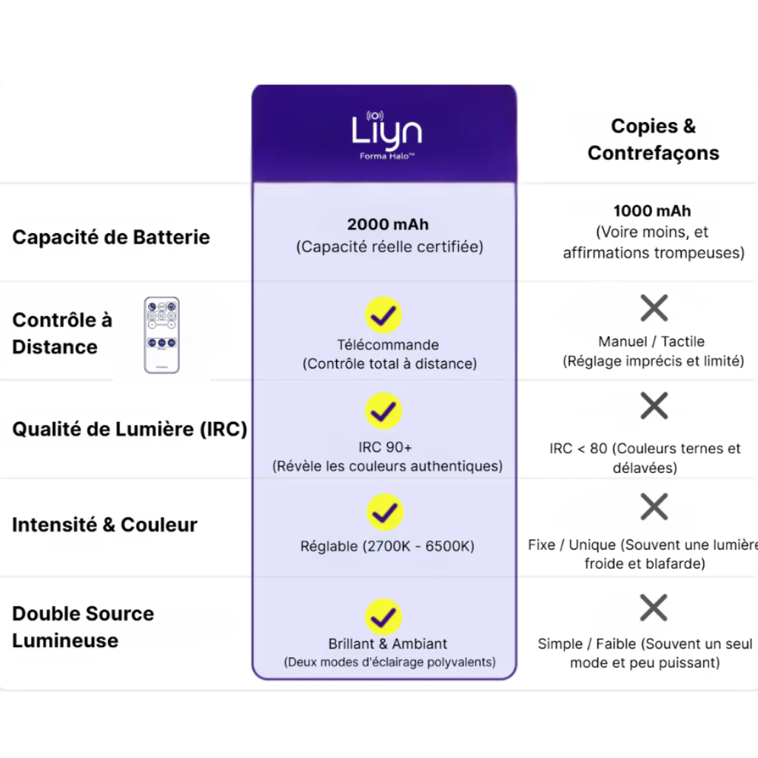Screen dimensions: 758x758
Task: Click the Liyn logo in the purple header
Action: point(386,130)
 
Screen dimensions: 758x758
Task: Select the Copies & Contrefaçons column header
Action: point(654,139)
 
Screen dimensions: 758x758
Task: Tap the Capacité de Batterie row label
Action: point(111,238)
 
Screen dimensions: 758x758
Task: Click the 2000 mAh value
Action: point(388,224)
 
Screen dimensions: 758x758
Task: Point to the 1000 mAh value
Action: point(652,211)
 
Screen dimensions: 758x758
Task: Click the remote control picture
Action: point(161,335)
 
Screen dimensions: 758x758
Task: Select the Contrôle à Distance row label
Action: point(62,333)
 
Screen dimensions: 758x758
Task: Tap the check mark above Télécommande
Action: point(383,315)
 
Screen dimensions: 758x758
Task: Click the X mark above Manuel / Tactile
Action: point(654,308)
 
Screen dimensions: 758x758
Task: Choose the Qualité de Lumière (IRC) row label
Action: point(130,429)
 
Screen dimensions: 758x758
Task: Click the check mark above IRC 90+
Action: point(383,412)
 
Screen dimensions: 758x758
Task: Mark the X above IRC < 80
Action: point(654,406)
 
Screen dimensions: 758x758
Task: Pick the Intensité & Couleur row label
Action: point(104,525)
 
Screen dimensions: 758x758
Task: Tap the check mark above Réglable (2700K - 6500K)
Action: point(383,512)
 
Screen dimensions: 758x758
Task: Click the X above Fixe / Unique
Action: point(654,507)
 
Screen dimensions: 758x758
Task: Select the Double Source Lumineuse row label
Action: point(83,626)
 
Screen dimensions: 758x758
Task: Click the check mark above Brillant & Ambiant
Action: point(383,617)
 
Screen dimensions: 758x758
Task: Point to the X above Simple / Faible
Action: point(654,608)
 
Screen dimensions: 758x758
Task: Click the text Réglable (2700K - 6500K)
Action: point(387,546)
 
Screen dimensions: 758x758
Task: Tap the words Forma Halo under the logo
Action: point(386,156)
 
